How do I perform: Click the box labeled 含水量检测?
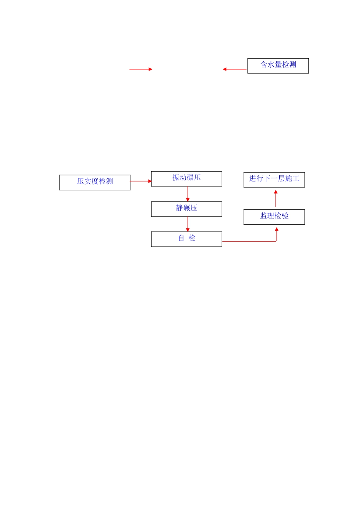[x=278, y=66]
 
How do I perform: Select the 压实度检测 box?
[x=95, y=182]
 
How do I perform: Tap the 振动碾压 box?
[x=186, y=178]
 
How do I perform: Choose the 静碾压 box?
[x=186, y=209]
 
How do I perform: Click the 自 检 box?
[x=186, y=239]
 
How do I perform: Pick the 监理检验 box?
[x=274, y=217]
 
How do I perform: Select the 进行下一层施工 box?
[x=274, y=180]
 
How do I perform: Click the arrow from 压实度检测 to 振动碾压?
[x=141, y=181]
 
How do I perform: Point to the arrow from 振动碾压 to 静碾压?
[x=188, y=194]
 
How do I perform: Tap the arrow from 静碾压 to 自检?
[x=188, y=224]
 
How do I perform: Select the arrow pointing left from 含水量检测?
[x=235, y=69]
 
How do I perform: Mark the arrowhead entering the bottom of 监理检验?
[x=277, y=230]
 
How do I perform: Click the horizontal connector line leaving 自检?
[x=249, y=241]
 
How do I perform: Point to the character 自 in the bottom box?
[x=181, y=238]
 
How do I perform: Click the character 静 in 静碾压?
[x=179, y=208]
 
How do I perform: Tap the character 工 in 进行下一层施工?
[x=296, y=178]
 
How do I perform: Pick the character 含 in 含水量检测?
[x=264, y=65]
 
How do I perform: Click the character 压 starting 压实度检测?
[x=80, y=181]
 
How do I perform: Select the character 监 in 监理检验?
[x=263, y=216]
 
